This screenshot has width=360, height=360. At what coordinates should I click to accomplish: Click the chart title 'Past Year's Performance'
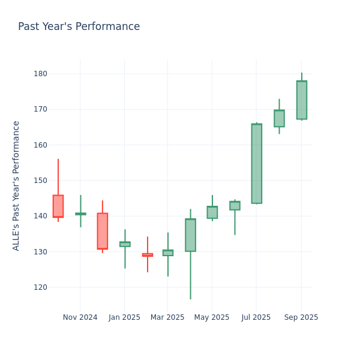[x=79, y=27]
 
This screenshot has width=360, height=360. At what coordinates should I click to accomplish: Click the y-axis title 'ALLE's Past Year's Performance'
[x=16, y=185]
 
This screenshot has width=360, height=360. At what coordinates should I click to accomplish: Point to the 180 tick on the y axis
[x=40, y=74]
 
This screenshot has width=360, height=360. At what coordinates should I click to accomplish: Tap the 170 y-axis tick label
[x=40, y=109]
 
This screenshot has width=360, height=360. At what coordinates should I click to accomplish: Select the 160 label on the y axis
[x=40, y=145]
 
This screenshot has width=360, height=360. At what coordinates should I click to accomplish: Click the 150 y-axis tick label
[x=40, y=181]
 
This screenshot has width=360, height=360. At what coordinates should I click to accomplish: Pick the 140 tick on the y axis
[x=40, y=216]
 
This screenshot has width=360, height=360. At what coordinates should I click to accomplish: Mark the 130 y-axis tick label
[x=40, y=251]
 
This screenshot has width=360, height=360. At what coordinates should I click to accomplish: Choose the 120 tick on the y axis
[x=40, y=287]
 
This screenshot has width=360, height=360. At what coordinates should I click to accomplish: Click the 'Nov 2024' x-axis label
[x=80, y=317]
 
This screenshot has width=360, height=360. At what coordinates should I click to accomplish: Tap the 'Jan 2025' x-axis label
[x=124, y=317]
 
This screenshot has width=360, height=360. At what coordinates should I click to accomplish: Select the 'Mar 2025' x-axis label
[x=167, y=317]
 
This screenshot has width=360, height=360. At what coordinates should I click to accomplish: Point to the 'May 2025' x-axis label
[x=212, y=317]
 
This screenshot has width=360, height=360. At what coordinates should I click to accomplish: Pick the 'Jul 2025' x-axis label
[x=256, y=317]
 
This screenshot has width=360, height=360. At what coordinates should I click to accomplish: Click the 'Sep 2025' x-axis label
[x=301, y=317]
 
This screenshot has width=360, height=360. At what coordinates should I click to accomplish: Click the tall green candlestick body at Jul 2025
[x=257, y=163]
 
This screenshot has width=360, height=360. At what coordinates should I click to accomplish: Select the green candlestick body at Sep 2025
[x=301, y=100]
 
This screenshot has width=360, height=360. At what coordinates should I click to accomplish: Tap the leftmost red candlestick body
[x=58, y=206]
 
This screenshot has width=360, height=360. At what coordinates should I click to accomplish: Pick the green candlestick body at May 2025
[x=212, y=212]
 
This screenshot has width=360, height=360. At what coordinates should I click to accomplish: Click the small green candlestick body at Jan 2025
[x=125, y=244]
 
